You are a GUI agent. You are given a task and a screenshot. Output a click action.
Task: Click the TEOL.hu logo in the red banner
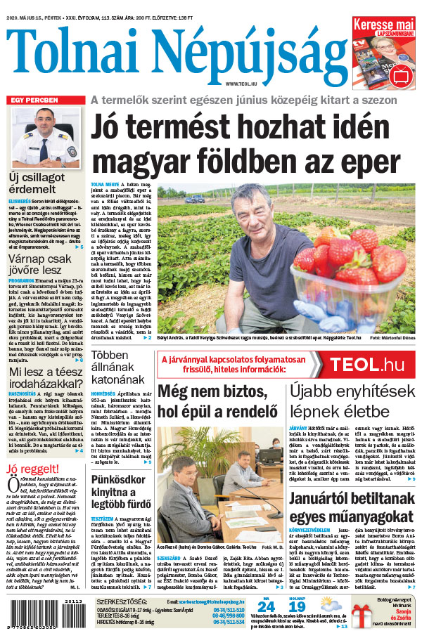pyautogui.click(x=367, y=365)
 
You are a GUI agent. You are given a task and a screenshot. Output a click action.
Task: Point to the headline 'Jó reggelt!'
pyautogui.click(x=32, y=469)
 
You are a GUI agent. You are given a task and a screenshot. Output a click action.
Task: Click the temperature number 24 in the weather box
pyautogui.click(x=266, y=606)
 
